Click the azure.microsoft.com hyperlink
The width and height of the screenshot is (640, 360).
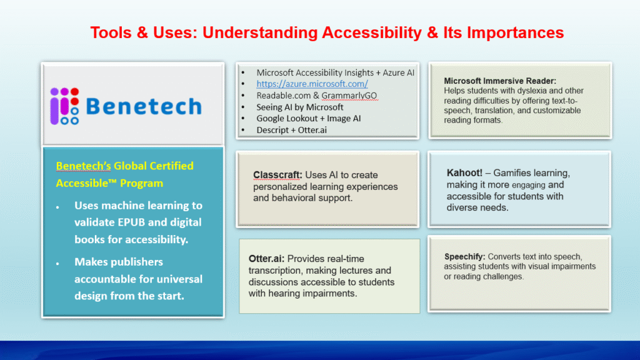pos(312,84)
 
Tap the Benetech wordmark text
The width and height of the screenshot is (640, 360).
pos(144,106)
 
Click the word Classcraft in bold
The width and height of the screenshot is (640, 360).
pos(276,175)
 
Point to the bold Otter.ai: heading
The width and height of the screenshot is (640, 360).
pos(266,259)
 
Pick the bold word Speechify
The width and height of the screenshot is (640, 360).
pos(464,257)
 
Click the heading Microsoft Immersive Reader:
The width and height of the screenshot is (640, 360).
pos(500,81)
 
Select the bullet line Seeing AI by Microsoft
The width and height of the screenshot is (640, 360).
pos(299,107)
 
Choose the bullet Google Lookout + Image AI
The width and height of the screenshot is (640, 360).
pos(309,118)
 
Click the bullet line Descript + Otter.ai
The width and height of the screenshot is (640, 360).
pos(291,130)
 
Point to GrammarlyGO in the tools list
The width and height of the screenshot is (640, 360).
pos(349,96)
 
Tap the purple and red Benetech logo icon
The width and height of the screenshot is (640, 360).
pos(64,106)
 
